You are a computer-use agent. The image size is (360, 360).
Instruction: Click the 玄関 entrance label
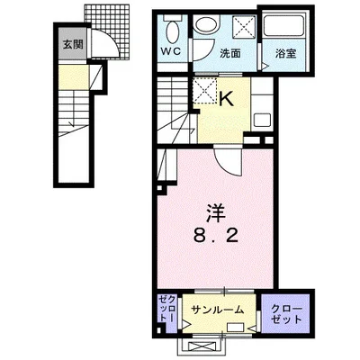[x=73, y=45]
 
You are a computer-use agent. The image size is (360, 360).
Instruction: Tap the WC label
[x=172, y=51]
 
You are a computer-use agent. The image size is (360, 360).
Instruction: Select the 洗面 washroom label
[x=230, y=54]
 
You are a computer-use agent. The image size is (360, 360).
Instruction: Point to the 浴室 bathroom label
[x=286, y=53]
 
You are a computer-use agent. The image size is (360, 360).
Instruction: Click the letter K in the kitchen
[x=227, y=98]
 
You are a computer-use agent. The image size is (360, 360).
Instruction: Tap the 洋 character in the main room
[x=215, y=212]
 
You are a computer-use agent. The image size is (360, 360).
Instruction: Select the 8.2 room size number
[x=215, y=237]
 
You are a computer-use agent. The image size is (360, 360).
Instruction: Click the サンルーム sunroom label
[x=218, y=310]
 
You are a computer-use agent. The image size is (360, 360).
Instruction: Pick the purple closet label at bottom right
[x=286, y=314]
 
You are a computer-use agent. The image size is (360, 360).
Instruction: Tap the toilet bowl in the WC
[x=172, y=31]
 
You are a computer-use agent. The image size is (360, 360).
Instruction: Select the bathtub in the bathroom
[x=285, y=24]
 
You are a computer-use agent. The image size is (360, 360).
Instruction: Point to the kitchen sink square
[x=262, y=121]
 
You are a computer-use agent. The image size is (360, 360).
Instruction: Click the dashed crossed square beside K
[x=204, y=91]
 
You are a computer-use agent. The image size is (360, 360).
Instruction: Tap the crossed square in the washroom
[x=245, y=26]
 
